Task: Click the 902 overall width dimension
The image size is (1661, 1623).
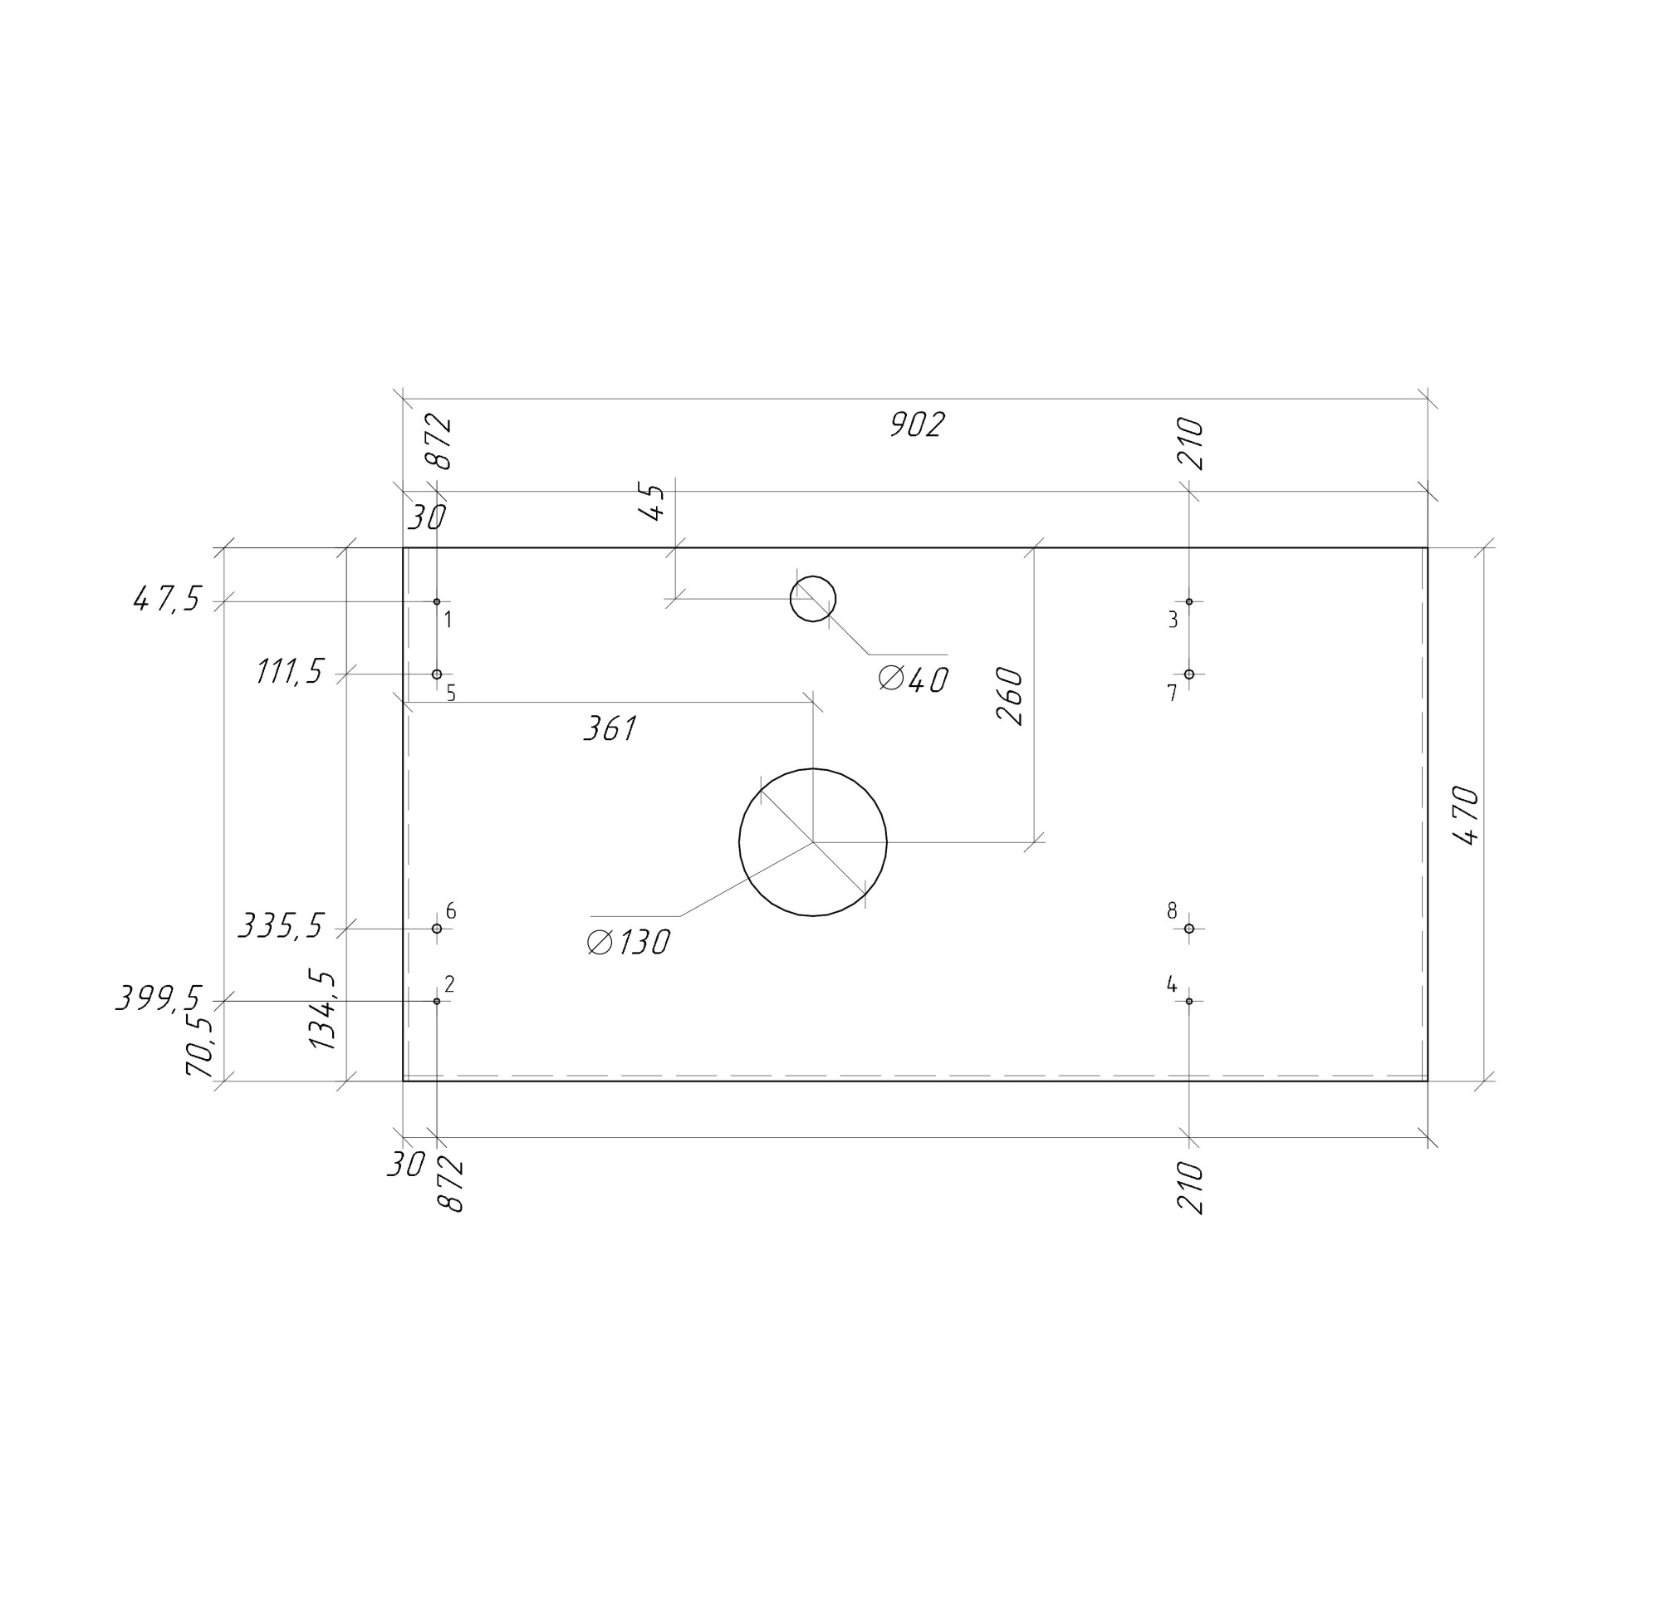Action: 916,424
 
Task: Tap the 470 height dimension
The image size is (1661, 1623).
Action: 1466,815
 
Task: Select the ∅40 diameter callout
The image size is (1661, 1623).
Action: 913,680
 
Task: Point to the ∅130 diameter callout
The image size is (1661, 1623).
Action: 628,942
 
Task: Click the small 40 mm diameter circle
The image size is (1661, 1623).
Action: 812,576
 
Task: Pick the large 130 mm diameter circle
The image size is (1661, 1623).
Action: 812,769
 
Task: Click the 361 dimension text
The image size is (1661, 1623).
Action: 610,728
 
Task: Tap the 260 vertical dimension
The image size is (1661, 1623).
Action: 1010,696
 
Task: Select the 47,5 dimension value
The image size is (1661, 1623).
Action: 167,600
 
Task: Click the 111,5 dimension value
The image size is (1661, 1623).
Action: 290,673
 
